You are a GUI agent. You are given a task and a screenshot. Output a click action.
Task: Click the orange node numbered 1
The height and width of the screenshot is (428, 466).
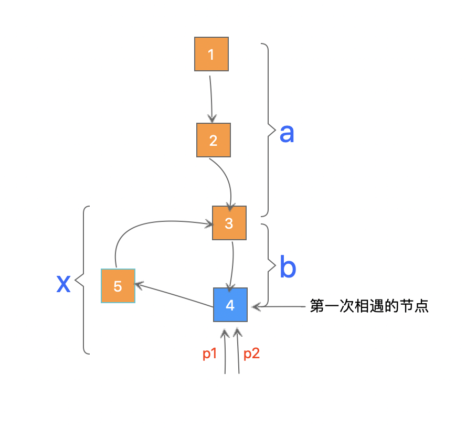click(x=211, y=54)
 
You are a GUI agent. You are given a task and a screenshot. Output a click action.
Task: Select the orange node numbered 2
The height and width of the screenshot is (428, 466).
click(x=213, y=141)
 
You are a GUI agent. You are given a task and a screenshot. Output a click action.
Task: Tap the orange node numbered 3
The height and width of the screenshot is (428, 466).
click(x=229, y=223)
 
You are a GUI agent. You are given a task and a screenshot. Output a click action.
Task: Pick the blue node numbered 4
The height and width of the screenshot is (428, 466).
click(x=230, y=305)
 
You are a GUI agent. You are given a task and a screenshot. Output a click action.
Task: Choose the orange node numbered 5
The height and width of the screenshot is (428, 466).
click(x=118, y=286)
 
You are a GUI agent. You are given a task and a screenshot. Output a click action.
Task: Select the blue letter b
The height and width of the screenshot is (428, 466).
click(x=288, y=267)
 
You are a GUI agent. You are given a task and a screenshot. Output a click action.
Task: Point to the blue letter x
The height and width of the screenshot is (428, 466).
click(x=63, y=283)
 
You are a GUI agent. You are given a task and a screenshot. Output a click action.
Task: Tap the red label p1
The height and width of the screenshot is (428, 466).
click(x=210, y=354)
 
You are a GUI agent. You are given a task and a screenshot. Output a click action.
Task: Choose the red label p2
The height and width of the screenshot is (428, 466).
click(x=251, y=354)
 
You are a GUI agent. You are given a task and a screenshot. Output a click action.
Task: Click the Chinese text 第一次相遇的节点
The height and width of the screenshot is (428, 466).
click(x=369, y=306)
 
